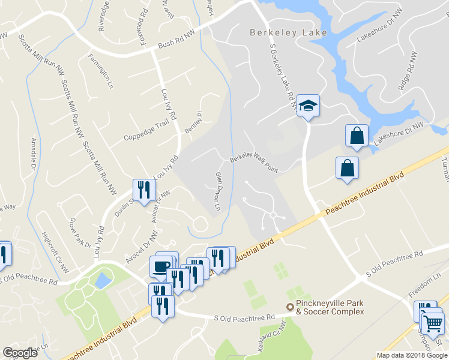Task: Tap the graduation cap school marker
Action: coord(308,106)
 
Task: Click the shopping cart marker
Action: coord(433,324)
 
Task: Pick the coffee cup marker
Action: coord(160,266)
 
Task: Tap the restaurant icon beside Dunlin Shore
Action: coord(143,190)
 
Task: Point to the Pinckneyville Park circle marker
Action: coord(290,307)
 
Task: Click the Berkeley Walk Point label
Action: coord(254,164)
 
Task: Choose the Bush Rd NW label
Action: coord(177,44)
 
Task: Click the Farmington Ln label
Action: coord(101,71)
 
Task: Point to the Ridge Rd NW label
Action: coord(408,71)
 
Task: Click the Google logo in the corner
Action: coord(20,353)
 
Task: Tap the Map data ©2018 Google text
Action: coord(412,355)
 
